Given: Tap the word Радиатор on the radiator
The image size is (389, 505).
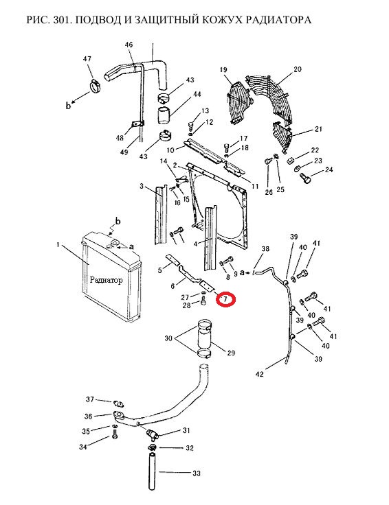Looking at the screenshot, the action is coord(106,280).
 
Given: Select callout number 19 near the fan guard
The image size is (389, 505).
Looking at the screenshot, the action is coord(223,70).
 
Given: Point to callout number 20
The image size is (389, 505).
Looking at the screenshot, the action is coord(298,69).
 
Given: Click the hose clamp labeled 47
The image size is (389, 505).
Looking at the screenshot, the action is coord(96,86).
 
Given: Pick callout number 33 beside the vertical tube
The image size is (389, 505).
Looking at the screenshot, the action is coord(197,473).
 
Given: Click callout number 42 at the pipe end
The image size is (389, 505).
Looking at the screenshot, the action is coord(259,374).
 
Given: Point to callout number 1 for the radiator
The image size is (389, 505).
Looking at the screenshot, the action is coord(58,245).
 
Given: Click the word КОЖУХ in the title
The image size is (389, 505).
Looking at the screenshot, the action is coord(221,20).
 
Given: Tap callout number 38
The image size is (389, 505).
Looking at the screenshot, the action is coord(265,248).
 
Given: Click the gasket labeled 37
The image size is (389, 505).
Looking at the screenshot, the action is coord(118,403).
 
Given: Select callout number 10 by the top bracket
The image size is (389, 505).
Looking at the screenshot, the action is coord(170,150).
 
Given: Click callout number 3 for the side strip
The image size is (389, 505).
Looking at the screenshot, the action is coord(142,186).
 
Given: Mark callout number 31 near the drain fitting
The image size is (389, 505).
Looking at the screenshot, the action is coord(186,430).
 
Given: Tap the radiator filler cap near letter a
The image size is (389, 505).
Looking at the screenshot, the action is coord(114,243).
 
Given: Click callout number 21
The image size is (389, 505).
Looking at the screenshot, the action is coord(318,129).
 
